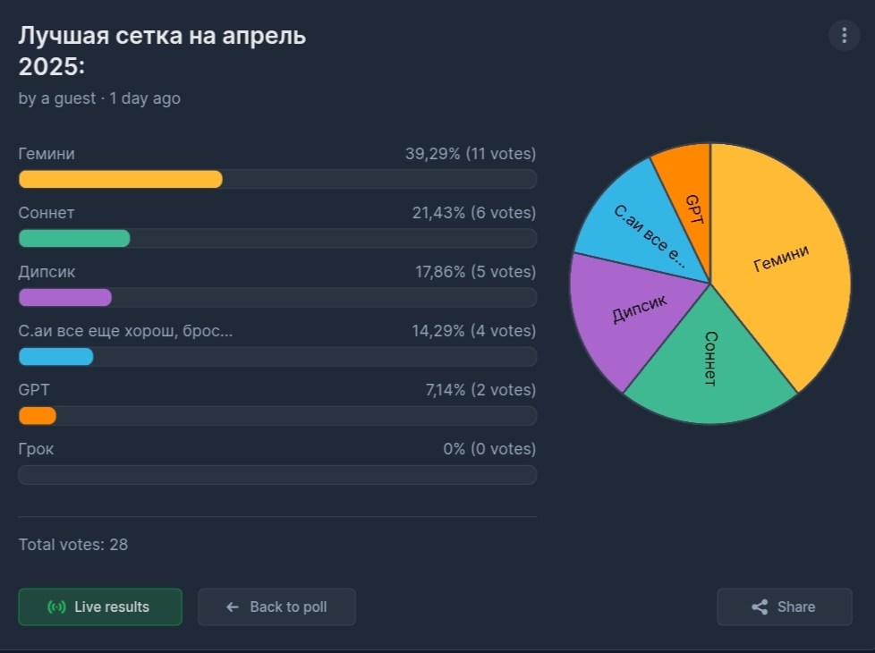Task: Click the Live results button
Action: click(100, 606)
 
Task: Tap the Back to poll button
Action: click(276, 606)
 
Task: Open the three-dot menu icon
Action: click(844, 36)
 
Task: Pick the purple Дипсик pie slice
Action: click(626, 313)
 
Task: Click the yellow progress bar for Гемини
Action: click(121, 179)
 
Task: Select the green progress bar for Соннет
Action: click(74, 238)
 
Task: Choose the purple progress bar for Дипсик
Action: click(65, 297)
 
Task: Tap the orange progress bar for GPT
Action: click(38, 416)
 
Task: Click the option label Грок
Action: click(37, 449)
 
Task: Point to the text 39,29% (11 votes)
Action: click(471, 154)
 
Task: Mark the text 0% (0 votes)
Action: click(489, 449)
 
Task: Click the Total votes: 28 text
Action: click(73, 544)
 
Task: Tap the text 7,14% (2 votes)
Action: click(480, 390)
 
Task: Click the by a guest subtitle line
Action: click(99, 98)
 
